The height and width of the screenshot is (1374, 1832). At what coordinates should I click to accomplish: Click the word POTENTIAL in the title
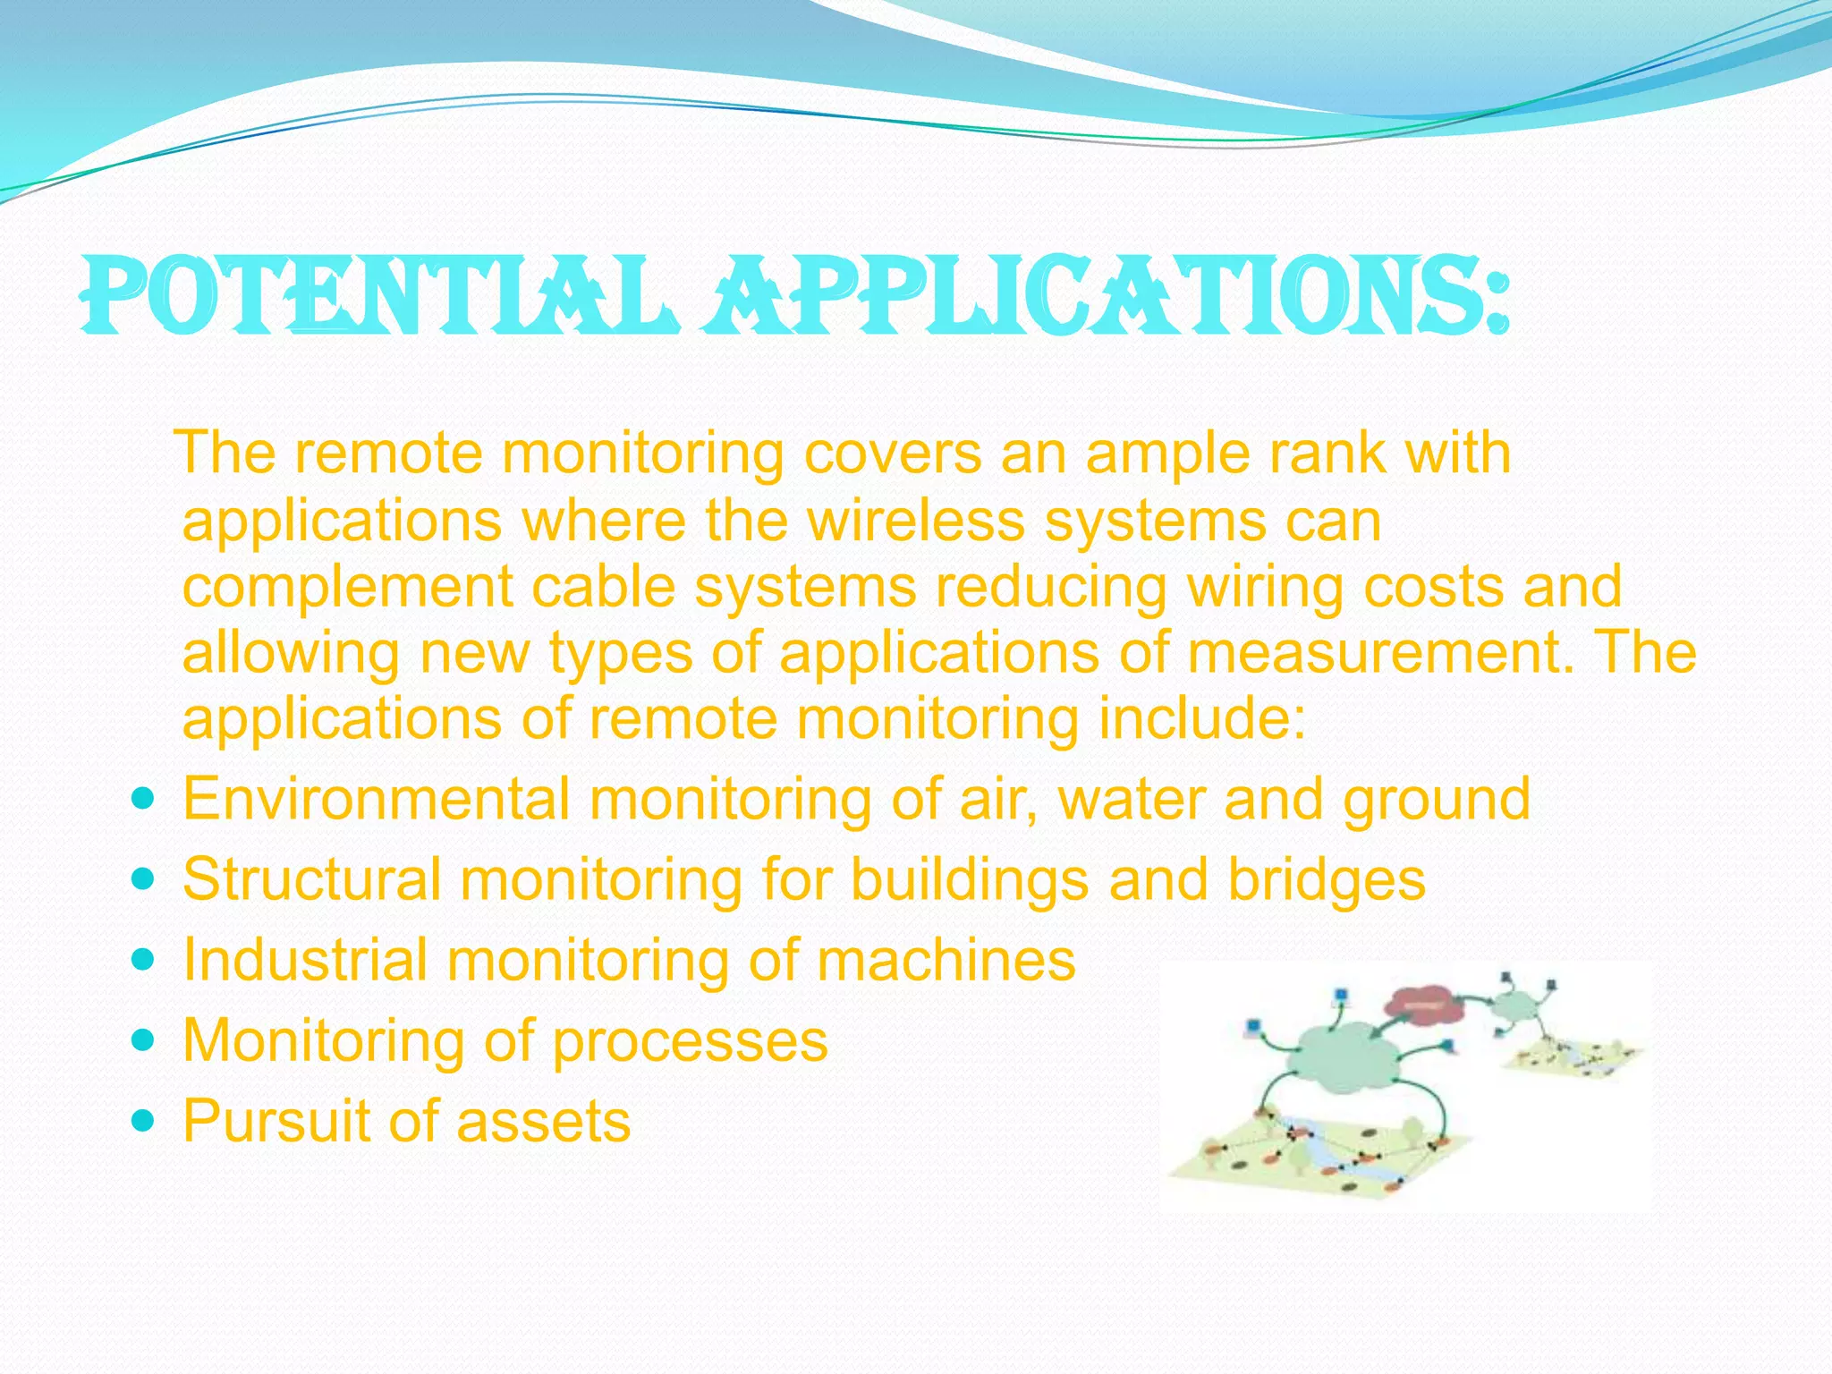[x=376, y=295]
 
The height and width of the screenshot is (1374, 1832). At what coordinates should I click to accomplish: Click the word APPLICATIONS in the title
[x=1105, y=295]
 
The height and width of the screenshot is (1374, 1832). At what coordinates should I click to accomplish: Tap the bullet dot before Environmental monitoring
[x=142, y=796]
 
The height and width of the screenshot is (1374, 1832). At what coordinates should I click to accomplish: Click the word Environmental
[x=376, y=798]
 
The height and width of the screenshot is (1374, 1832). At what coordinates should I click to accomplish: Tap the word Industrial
[x=304, y=959]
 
